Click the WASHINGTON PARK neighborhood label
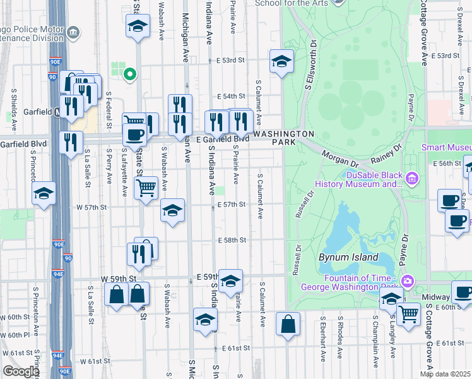(x=283, y=138)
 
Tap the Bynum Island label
(x=348, y=257)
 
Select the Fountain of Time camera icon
(x=408, y=280)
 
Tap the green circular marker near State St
(x=130, y=75)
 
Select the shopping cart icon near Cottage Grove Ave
(x=409, y=312)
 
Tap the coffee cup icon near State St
(x=134, y=135)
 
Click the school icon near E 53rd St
(x=281, y=61)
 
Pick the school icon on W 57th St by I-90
(x=44, y=193)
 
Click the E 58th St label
(x=232, y=240)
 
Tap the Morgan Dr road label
(x=334, y=157)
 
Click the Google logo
(x=21, y=371)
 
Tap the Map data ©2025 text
(x=445, y=374)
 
